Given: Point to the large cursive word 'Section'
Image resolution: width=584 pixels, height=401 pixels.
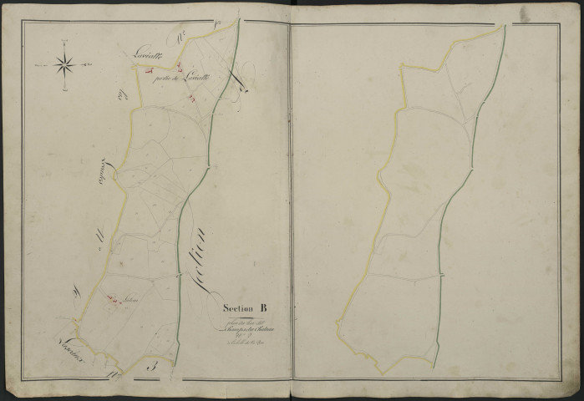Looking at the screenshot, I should [x=211, y=251].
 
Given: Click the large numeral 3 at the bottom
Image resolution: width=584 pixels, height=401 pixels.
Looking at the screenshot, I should [x=151, y=365].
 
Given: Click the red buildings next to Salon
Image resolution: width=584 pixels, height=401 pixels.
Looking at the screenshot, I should [x=112, y=295].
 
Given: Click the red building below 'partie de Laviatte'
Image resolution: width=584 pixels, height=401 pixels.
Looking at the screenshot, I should [x=193, y=99].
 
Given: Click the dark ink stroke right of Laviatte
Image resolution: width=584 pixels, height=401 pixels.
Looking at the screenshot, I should [x=241, y=82].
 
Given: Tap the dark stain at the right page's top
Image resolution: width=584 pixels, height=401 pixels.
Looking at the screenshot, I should [x=524, y=14].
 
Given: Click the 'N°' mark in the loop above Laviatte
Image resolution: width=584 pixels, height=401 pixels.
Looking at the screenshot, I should [x=180, y=36].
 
